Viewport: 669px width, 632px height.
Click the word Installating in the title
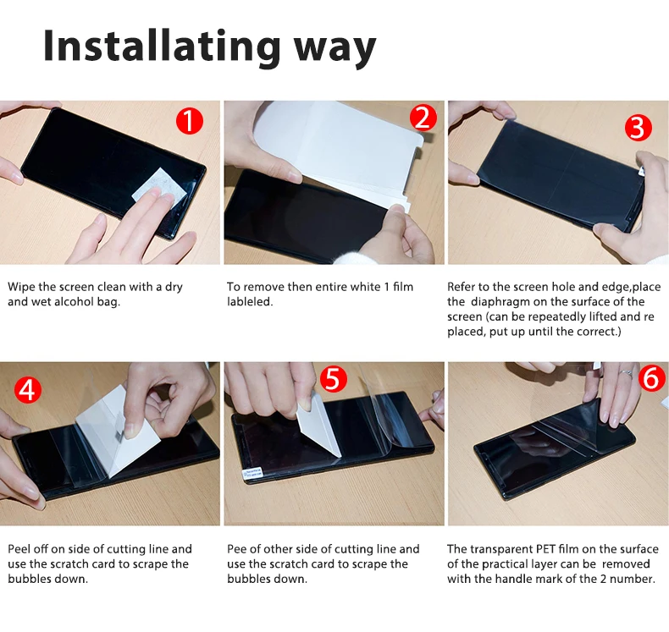coord(162,46)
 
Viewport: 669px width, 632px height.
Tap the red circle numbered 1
coord(190,121)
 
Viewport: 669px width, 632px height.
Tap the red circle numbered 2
coord(423,118)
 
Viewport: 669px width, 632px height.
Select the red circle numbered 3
coord(639,128)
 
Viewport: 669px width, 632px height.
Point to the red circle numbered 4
coord(28,389)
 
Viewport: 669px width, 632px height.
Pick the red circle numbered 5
coord(333,378)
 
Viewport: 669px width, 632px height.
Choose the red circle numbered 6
coord(651,377)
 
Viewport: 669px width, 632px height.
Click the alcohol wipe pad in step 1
coord(159,185)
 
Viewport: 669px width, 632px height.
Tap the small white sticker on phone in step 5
coord(252,474)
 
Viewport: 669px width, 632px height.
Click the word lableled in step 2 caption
coord(250,302)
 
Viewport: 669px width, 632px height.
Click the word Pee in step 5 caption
coord(235,549)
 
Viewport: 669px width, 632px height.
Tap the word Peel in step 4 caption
coord(19,549)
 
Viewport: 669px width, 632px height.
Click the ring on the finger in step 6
coord(625,373)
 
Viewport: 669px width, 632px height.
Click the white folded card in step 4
coord(118,431)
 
